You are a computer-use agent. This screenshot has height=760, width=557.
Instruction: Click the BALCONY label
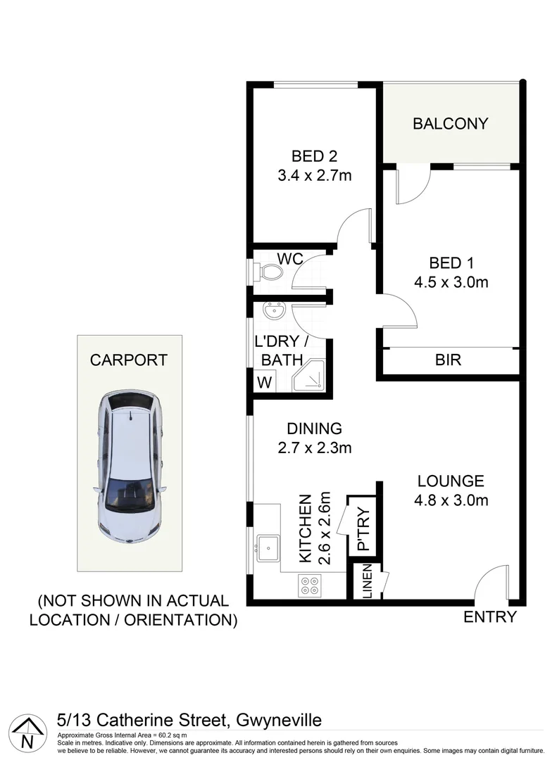(450, 124)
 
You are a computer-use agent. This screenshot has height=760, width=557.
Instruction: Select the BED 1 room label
(451, 263)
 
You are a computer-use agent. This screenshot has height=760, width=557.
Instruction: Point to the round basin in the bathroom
(272, 310)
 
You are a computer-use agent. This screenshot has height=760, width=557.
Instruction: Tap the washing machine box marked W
(265, 383)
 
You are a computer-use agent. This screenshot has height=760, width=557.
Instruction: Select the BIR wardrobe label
(448, 360)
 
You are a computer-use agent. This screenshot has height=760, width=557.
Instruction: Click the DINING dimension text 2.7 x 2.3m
(314, 447)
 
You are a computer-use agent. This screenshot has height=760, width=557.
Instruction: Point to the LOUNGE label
(451, 481)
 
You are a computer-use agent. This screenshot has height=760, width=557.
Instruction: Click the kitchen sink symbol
(268, 547)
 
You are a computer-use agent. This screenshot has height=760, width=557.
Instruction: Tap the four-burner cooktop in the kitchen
(309, 585)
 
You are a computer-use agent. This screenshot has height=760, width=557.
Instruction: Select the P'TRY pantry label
(363, 528)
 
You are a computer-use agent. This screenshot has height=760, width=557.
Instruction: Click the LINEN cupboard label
(366, 583)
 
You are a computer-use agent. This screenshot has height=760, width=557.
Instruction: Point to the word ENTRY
(490, 617)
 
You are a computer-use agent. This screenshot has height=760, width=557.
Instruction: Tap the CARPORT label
(129, 360)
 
